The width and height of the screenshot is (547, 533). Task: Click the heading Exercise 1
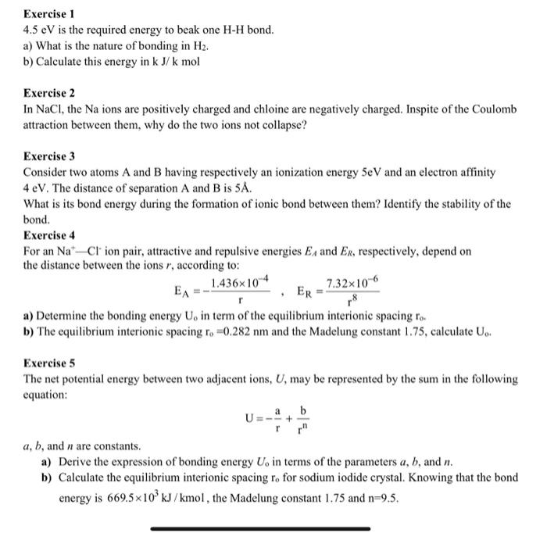[48, 14]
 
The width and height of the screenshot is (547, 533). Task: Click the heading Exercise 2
[48, 92]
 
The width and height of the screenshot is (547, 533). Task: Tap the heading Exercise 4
[48, 234]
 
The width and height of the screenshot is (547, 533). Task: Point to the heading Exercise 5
[48, 363]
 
